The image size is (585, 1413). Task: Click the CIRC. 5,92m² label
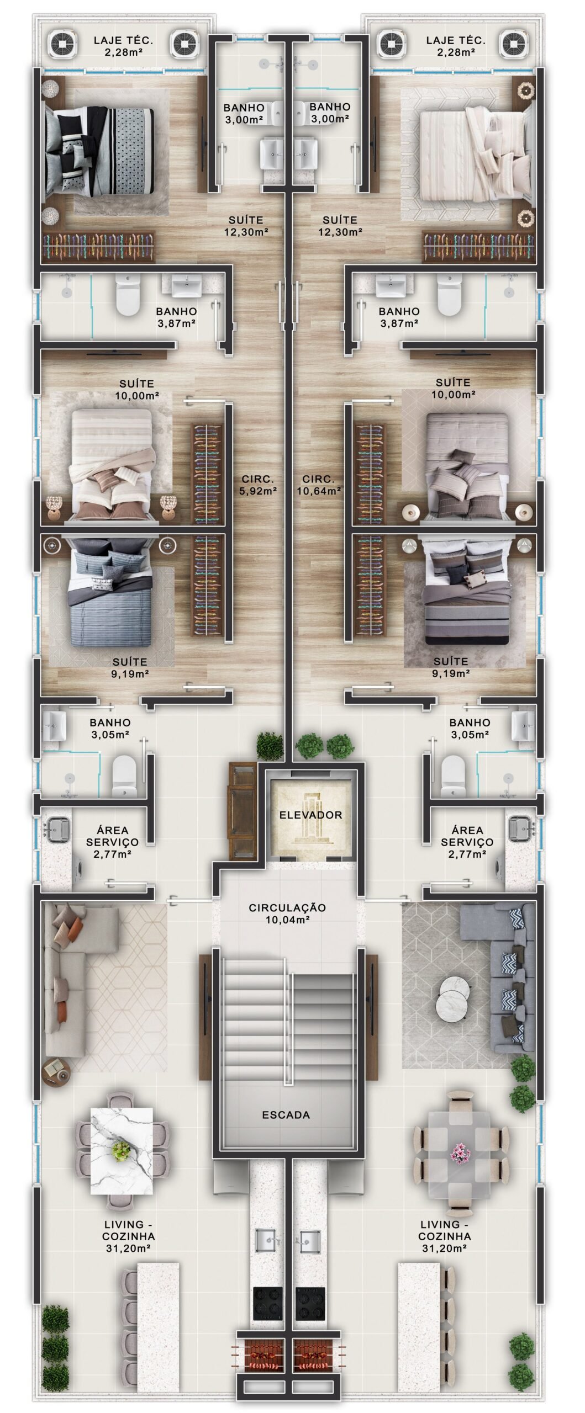coord(258,484)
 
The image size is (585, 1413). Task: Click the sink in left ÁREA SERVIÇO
coord(56,828)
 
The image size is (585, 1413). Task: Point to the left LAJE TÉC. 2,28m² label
coord(123,46)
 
